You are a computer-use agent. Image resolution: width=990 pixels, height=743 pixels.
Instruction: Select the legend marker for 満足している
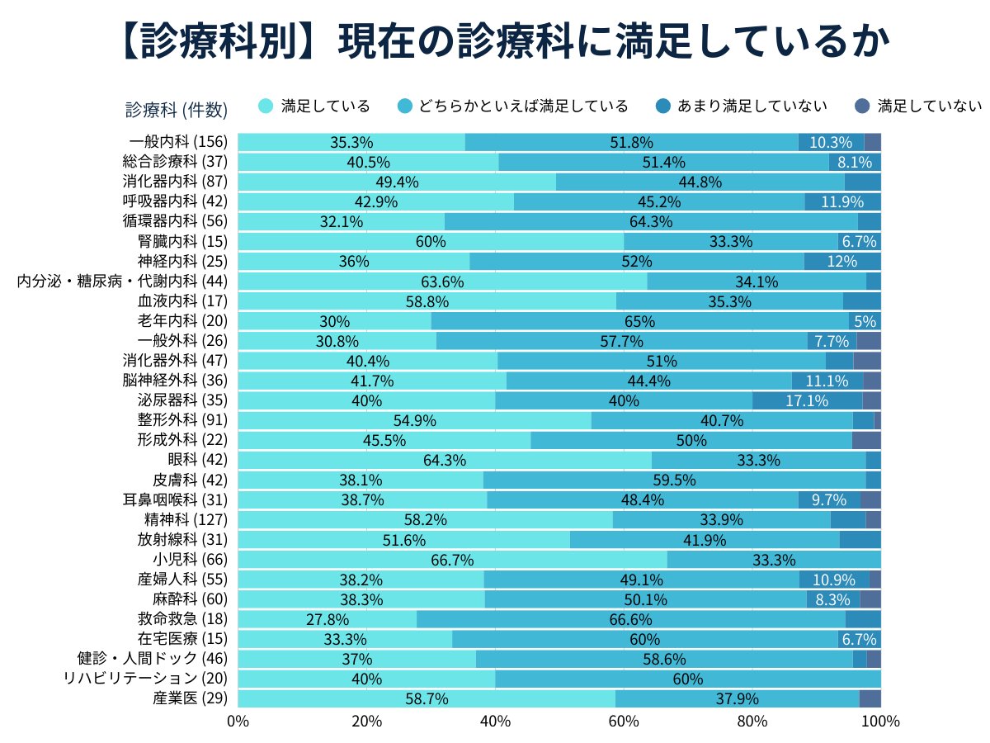pos(266,106)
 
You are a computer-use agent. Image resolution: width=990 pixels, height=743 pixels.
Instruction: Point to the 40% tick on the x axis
pos(495,721)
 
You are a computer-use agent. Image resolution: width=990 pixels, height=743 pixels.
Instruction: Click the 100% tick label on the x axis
pos(880,721)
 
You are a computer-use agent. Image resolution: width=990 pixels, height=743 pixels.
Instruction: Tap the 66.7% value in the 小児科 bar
pos(452,560)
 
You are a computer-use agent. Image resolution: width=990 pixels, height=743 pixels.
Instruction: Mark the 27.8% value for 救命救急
pos(328,619)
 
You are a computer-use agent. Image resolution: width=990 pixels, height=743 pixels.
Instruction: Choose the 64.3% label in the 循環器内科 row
pos(651,221)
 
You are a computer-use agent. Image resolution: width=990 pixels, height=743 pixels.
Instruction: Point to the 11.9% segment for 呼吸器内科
pos(841,201)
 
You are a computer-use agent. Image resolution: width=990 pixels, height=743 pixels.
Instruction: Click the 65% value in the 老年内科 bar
pos(640,321)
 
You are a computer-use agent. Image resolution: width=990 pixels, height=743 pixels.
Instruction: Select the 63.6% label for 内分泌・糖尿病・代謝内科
pos(442,282)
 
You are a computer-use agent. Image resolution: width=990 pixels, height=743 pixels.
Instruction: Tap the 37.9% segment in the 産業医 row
pos(737,698)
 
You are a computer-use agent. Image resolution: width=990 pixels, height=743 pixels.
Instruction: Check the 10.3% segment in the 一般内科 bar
pos(831,142)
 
